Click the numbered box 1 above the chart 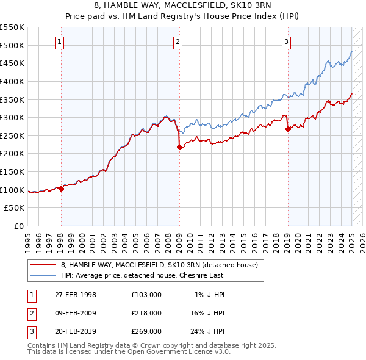pyautogui.click(x=60, y=42)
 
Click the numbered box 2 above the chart pyautogui.click(x=178, y=42)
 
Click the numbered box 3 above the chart pyautogui.click(x=286, y=42)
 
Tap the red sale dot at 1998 pyautogui.click(x=61, y=189)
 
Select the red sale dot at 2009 pyautogui.click(x=179, y=147)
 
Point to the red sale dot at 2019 pyautogui.click(x=288, y=128)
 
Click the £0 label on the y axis pyautogui.click(x=19, y=226)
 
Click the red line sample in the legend pyautogui.click(x=43, y=265)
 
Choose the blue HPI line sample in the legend pyautogui.click(x=43, y=275)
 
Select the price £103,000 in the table pyautogui.click(x=146, y=294)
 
